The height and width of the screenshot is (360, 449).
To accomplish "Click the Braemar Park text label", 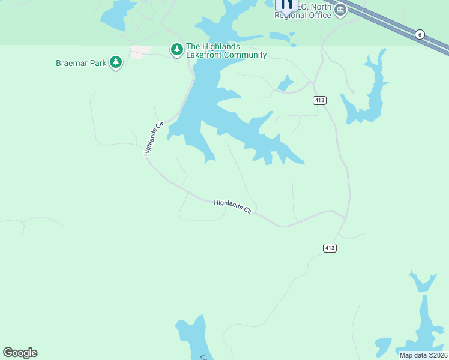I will pos(80,62).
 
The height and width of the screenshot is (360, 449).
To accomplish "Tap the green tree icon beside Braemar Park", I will pos(116,62).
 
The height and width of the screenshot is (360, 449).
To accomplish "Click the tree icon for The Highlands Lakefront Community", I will pos(177,49).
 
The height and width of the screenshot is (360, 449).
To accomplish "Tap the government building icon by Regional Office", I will pos(340,10).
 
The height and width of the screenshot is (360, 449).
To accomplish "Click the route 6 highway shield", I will pos(420,35).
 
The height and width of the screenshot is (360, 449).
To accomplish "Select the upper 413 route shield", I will pos(319,100).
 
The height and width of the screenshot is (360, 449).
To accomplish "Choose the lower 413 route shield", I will pos(329,248).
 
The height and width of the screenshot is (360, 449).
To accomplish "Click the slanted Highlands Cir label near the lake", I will pos(154,139).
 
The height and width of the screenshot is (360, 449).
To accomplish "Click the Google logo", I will pos(20,353).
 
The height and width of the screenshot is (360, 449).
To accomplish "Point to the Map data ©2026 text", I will pos(423,355).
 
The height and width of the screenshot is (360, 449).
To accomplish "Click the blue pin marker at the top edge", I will pos(286,6).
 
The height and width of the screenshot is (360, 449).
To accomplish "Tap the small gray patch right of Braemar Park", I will pos(142,52).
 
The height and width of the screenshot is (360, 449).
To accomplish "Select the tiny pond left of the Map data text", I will pos(382,344).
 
